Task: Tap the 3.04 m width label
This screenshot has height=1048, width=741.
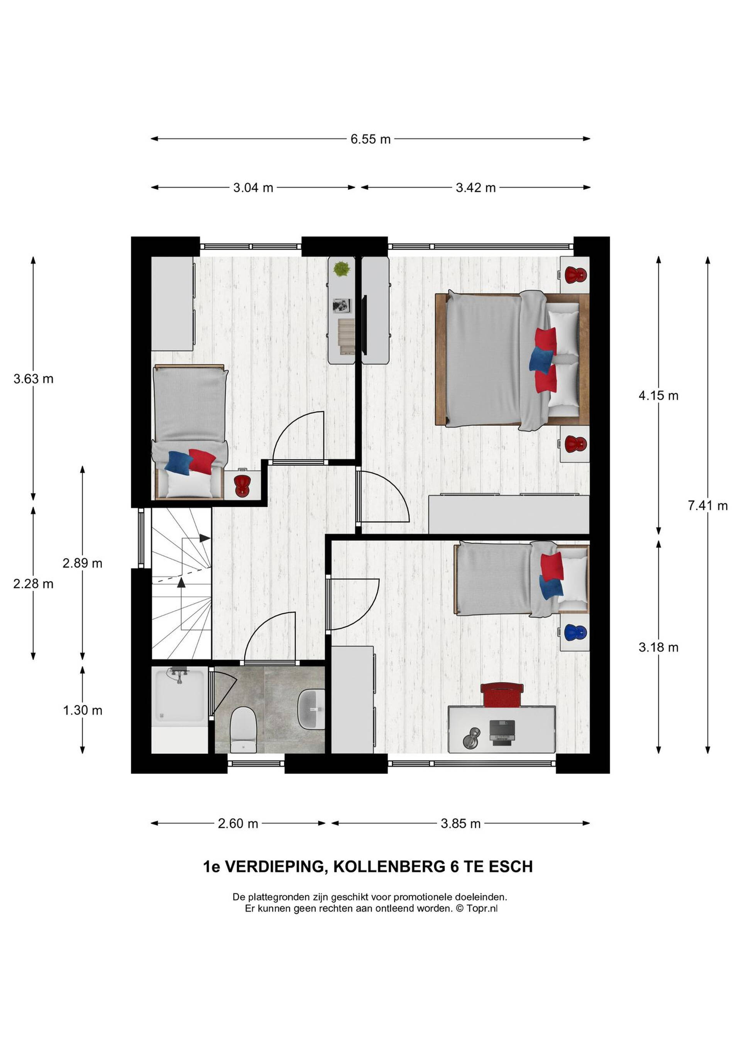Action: [253, 188]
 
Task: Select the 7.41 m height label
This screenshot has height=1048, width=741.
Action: [708, 505]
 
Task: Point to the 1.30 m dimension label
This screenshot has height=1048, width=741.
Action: [83, 710]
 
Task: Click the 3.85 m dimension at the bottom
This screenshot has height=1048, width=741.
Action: [460, 823]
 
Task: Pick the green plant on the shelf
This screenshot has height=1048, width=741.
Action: [342, 268]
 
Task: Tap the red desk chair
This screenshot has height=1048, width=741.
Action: [502, 694]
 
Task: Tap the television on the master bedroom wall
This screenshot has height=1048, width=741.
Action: [364, 325]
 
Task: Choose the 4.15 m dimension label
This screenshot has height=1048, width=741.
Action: [658, 396]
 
